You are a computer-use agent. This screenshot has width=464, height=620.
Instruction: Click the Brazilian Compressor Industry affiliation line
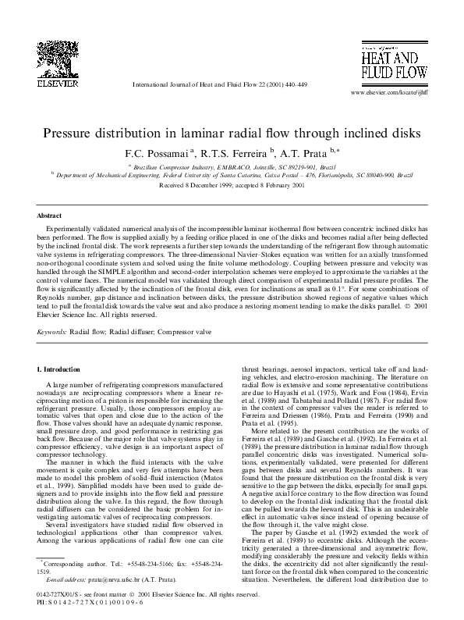[232, 167]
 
